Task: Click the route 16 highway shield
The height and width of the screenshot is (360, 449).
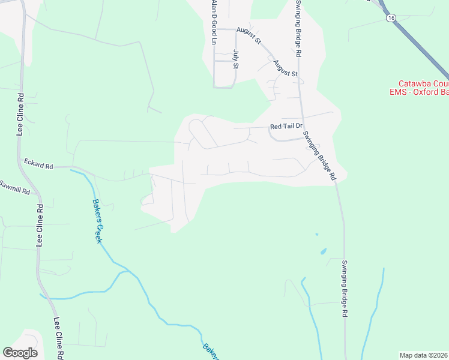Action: (x=391, y=19)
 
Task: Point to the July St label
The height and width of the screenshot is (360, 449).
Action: (x=235, y=59)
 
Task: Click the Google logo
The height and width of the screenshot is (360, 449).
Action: (x=20, y=353)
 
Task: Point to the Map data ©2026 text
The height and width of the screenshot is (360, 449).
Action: (x=423, y=355)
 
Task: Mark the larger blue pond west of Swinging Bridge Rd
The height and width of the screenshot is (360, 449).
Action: (x=324, y=250)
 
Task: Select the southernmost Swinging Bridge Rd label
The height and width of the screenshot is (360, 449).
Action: (x=345, y=289)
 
